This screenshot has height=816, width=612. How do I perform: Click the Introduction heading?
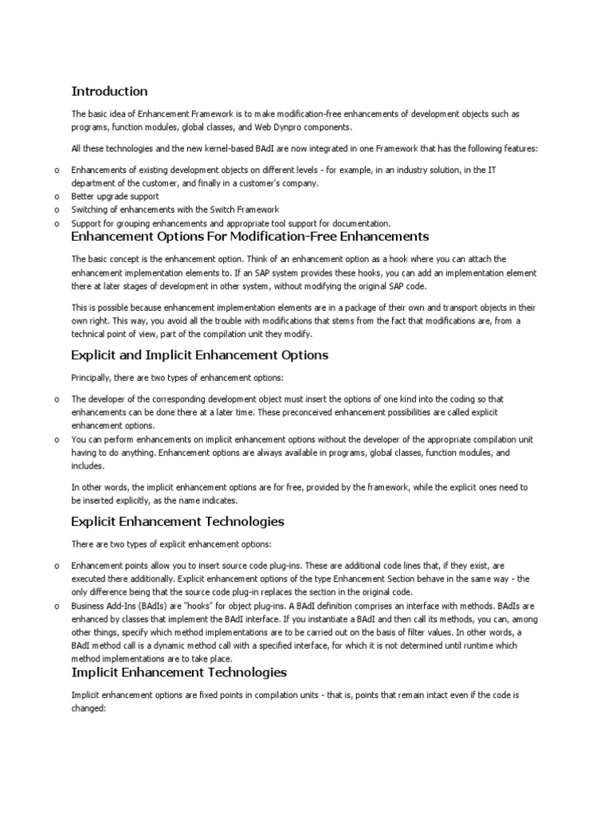[109, 91]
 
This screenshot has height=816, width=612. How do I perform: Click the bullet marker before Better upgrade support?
[57, 196]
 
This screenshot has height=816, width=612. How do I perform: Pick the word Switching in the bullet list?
[89, 209]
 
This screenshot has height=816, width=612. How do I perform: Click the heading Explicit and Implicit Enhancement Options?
[199, 355]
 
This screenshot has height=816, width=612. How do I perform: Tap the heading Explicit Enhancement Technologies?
[178, 522]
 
